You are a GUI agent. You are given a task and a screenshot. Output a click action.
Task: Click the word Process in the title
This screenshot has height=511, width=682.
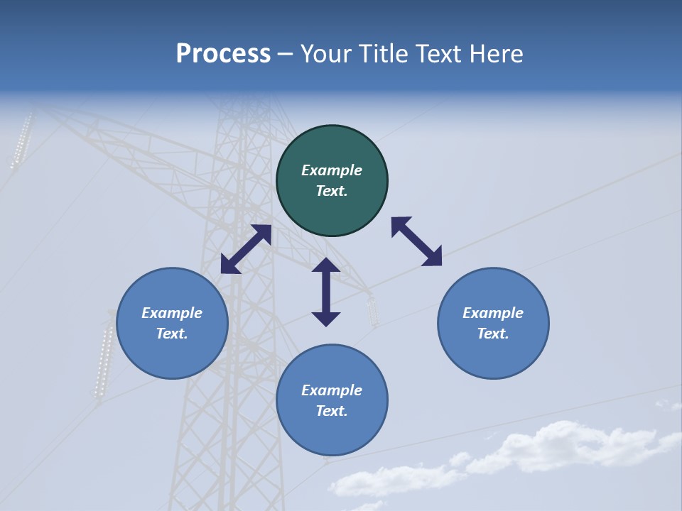click(223, 54)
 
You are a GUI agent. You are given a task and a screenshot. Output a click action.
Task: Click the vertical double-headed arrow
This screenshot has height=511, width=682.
click(326, 292)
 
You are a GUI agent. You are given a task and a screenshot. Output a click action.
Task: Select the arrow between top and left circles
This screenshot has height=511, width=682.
click(246, 249)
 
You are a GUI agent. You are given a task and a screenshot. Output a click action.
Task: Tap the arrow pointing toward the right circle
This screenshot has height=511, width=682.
click(416, 242)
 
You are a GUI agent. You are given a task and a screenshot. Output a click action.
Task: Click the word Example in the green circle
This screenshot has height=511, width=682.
click(332, 170)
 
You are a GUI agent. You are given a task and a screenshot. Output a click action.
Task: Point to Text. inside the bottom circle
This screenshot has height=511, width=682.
click(332, 411)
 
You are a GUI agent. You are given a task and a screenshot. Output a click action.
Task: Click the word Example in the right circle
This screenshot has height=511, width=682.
click(493, 313)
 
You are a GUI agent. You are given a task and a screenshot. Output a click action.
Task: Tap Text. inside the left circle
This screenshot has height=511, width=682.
click(172, 334)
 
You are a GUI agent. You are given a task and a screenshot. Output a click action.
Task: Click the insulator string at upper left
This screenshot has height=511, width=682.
click(22, 140)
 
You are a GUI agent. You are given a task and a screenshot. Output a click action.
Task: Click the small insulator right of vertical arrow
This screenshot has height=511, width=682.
click(372, 309)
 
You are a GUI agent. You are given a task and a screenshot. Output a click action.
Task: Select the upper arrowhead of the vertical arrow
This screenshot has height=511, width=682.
click(326, 265)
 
